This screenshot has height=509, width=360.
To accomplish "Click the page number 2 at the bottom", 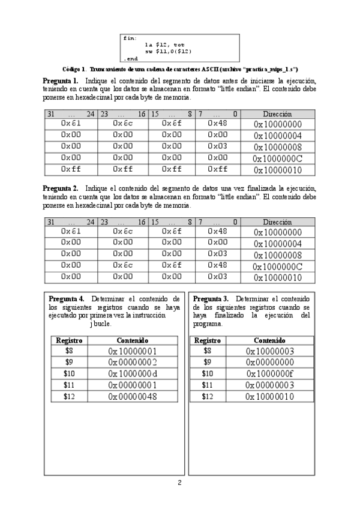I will (179, 483).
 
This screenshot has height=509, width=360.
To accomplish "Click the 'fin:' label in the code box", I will (130, 38).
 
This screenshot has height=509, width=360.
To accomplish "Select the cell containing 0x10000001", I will (133, 351).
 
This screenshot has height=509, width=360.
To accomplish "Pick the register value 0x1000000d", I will (133, 373).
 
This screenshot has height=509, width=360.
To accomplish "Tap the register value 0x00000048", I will (133, 396).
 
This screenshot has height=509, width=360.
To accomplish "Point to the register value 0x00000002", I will (133, 362).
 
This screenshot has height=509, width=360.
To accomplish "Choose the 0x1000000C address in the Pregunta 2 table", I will (277, 267).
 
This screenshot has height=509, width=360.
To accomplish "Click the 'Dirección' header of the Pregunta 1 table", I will (277, 113).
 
